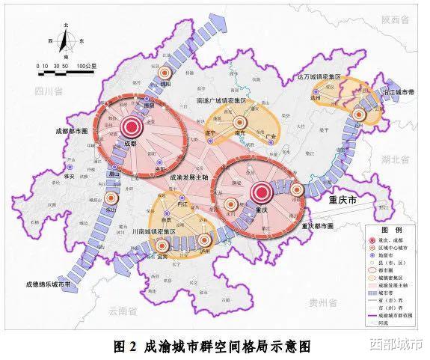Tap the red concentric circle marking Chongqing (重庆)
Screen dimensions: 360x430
click(261, 192)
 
